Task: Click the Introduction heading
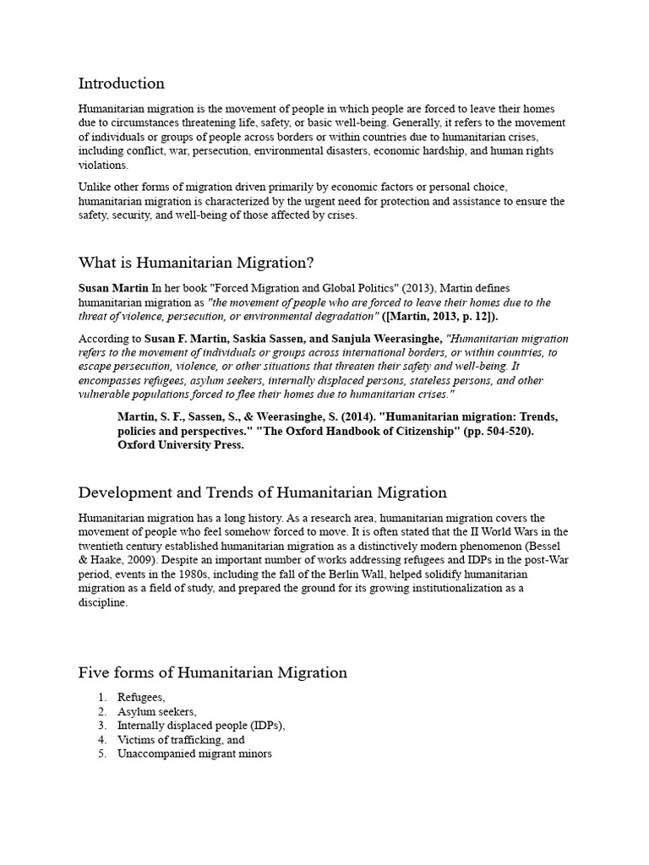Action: [121, 84]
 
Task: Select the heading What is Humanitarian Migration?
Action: [196, 263]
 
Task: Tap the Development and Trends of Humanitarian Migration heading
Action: [262, 492]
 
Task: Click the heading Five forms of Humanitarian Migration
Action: [212, 673]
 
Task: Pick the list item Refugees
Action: [141, 698]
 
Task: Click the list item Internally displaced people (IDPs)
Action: [201, 726]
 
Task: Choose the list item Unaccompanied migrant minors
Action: [194, 753]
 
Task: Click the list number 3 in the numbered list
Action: [101, 726]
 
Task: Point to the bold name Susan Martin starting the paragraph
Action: [113, 289]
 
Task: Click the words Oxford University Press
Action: [181, 445]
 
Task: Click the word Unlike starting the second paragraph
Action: [95, 187]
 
